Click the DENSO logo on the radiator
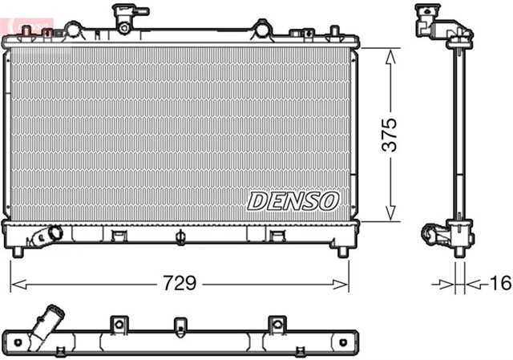(293, 200)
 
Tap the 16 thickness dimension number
(499, 284)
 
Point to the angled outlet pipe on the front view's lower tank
(48, 237)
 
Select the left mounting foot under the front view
(18, 251)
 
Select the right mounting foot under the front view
(343, 251)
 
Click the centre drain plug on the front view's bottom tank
(182, 237)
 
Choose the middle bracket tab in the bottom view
(181, 324)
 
